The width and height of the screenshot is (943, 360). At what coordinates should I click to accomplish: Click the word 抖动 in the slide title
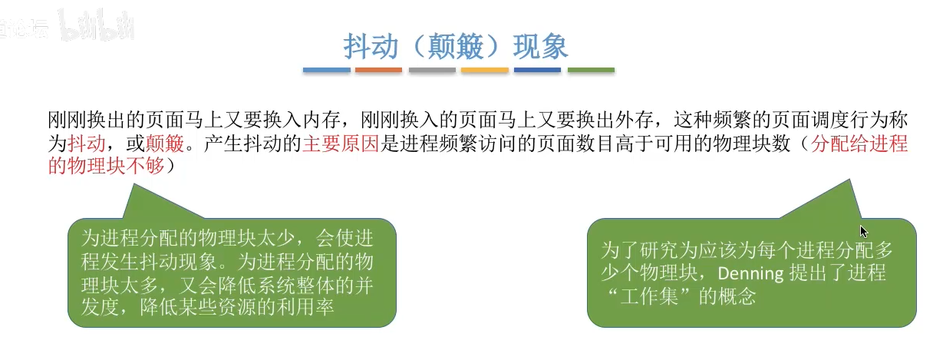(371, 46)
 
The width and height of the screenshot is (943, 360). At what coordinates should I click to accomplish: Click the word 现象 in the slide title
(540, 46)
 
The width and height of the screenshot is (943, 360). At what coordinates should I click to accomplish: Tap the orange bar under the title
(378, 70)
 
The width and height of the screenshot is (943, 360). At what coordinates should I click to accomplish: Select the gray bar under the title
(432, 70)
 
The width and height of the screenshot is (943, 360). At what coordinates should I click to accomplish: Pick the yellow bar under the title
(485, 70)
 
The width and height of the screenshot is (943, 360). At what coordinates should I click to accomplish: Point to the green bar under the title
(591, 70)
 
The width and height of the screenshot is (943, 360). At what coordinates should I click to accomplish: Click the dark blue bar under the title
(538, 70)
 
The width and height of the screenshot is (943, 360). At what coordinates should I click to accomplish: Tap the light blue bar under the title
(327, 70)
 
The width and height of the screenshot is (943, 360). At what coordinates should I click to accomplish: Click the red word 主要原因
(341, 144)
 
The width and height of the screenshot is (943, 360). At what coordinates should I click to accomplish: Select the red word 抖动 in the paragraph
(86, 144)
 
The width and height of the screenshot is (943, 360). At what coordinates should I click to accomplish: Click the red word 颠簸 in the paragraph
(165, 144)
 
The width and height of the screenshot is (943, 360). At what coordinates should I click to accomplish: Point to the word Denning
(750, 274)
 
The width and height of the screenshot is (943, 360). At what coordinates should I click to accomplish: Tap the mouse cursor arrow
(864, 232)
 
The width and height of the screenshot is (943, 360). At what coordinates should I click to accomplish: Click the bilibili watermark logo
(97, 25)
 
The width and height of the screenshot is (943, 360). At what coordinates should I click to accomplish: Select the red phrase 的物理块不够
(106, 166)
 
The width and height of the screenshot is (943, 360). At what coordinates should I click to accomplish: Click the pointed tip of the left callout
(134, 184)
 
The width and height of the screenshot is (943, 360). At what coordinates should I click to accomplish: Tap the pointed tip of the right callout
(849, 180)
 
